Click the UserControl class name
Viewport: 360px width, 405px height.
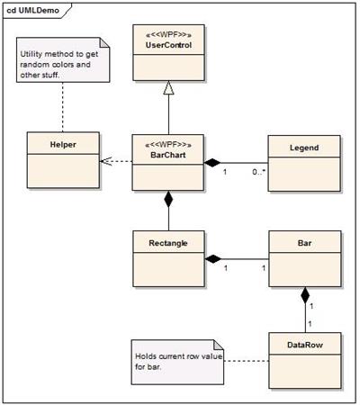[168, 45]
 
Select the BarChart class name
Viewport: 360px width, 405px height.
[168, 155]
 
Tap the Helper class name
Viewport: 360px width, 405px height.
[63, 145]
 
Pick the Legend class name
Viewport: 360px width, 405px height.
[304, 148]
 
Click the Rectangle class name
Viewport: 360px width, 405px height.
[168, 243]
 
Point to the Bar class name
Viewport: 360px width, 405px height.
[304, 243]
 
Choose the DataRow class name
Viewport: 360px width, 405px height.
[305, 345]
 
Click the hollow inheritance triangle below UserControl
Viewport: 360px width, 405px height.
[168, 87]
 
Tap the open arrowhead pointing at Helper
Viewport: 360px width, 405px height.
[105, 161]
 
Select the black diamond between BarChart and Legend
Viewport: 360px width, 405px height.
[212, 163]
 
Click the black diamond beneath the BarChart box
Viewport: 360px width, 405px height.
[168, 199]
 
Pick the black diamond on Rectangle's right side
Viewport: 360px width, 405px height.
[213, 259]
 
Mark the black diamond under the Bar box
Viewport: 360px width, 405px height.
[305, 295]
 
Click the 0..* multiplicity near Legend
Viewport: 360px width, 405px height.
[259, 172]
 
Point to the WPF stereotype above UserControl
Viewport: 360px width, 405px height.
[168, 35]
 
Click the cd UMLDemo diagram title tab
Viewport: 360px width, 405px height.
[33, 11]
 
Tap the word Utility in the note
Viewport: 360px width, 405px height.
[31, 54]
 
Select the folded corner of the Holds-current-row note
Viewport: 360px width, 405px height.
[219, 345]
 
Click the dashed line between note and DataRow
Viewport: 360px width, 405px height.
[247, 361]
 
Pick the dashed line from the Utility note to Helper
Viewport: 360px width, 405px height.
[63, 107]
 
